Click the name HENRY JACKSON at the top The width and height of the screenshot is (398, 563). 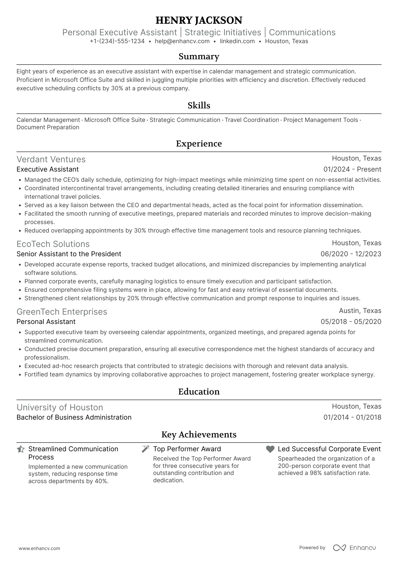click(199, 20)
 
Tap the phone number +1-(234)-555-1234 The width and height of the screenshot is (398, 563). click(117, 41)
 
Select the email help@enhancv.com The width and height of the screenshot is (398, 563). click(182, 41)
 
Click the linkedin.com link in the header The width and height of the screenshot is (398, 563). click(237, 41)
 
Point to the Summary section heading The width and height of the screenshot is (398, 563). click(199, 56)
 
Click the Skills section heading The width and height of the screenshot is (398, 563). click(199, 106)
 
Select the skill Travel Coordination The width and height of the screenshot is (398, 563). click(252, 120)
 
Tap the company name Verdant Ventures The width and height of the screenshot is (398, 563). click(51, 159)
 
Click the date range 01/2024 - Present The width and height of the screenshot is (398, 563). click(352, 169)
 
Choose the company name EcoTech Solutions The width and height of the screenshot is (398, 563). click(53, 244)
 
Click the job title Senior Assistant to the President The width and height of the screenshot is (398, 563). click(69, 254)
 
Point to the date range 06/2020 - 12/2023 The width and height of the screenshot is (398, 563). click(351, 254)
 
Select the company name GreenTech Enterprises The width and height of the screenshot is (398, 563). click(62, 312)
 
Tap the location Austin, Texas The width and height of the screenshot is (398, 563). click(360, 311)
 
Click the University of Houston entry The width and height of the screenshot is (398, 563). click(60, 408)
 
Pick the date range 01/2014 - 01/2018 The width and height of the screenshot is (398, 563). click(352, 417)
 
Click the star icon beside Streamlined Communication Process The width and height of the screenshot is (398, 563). click(21, 449)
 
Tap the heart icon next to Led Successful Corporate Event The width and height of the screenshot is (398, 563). click(270, 449)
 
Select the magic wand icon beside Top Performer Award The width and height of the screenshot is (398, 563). click(145, 449)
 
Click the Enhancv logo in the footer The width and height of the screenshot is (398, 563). click(355, 548)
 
